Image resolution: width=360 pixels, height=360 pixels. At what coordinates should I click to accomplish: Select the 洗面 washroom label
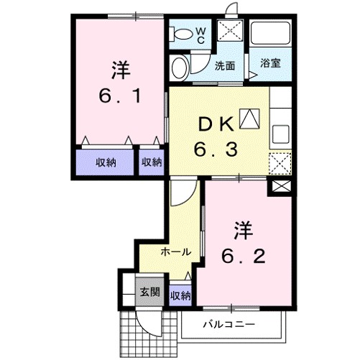[x=226, y=65]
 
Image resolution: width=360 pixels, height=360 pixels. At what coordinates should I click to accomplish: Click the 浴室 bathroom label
[x=269, y=63]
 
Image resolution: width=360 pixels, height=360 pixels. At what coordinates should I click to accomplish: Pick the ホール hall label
[x=175, y=251]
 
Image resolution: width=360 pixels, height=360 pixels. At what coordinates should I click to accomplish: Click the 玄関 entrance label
[x=149, y=292]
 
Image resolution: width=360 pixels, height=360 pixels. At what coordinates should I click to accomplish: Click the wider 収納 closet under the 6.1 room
[x=106, y=162]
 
